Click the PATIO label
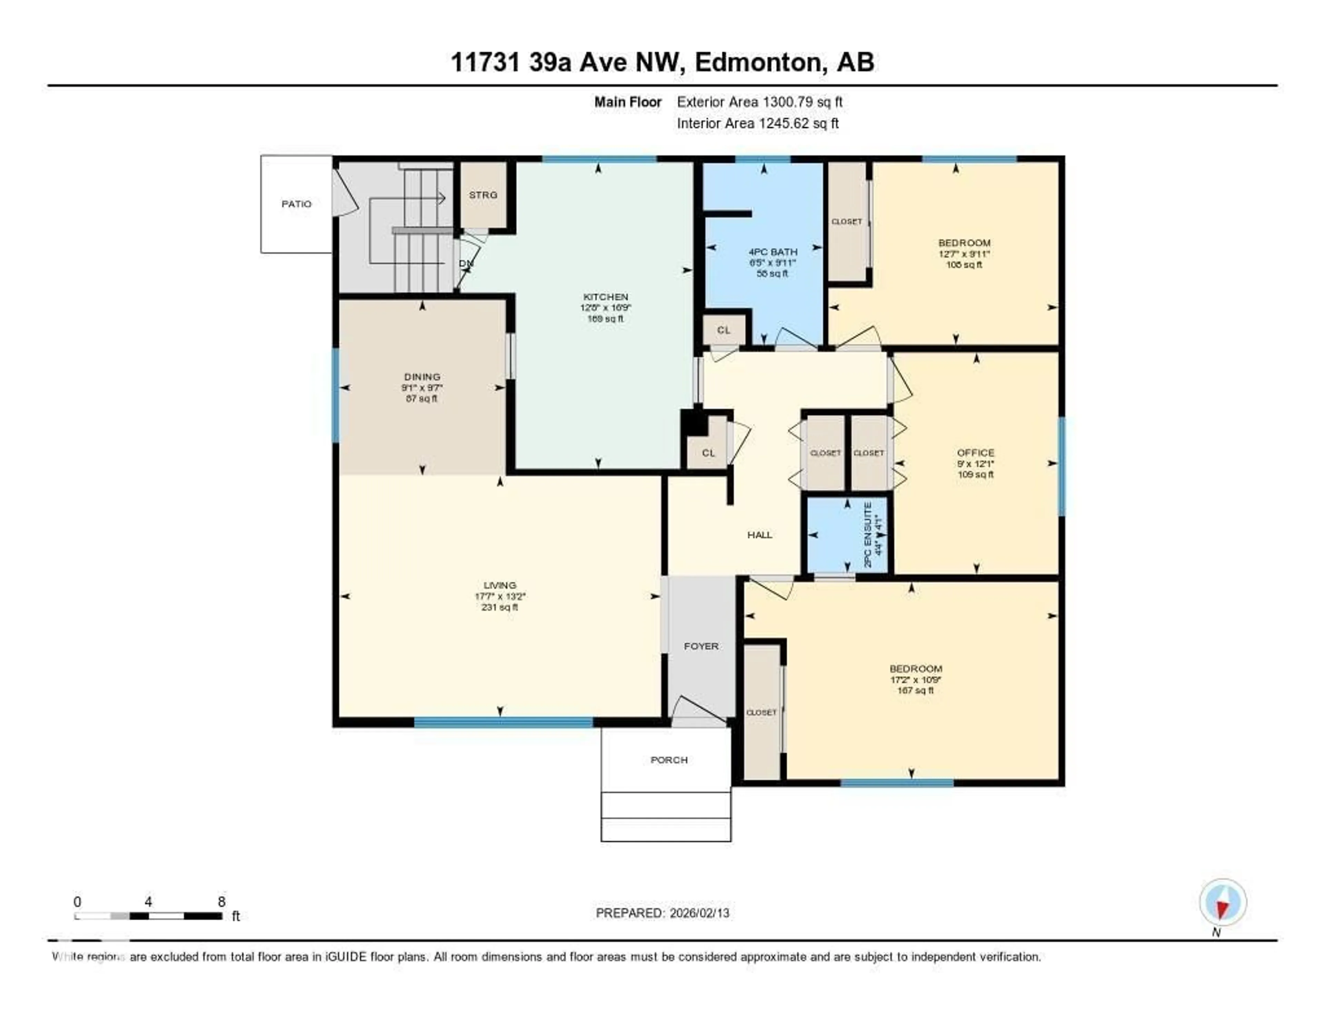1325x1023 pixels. [296, 204]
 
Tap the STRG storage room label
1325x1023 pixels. [483, 195]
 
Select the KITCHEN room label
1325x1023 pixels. [605, 297]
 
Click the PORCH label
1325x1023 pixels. [669, 760]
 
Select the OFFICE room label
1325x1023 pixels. [975, 453]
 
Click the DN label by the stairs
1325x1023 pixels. [465, 263]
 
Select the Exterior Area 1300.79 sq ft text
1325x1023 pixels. [759, 102]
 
